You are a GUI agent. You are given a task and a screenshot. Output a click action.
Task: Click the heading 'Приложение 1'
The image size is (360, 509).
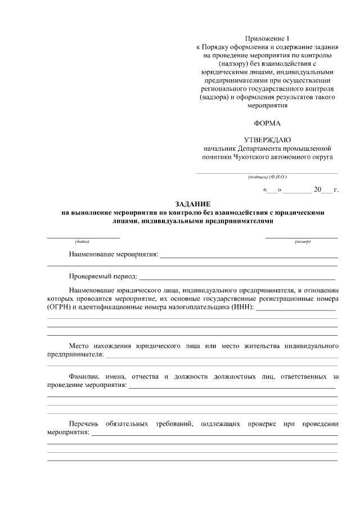coord(267,38)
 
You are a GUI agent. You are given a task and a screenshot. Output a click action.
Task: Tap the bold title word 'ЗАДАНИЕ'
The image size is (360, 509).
coord(192,204)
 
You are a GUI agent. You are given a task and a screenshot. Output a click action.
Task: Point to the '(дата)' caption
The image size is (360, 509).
coord(83,242)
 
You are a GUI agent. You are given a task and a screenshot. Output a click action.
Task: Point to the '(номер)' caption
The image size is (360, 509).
coord(302,242)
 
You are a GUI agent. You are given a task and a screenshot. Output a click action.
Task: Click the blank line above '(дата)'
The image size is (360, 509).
coord(83,237)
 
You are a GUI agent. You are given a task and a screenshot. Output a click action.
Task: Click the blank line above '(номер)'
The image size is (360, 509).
coord(302,237)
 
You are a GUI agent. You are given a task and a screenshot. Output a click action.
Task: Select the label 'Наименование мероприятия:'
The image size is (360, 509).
coord(114,255)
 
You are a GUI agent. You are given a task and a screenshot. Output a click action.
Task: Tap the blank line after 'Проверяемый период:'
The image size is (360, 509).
coord(237,278)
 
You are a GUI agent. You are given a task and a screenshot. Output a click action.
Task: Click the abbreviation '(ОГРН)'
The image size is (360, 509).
coord(59,307)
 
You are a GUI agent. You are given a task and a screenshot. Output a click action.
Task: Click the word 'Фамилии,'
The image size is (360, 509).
coord(84,375)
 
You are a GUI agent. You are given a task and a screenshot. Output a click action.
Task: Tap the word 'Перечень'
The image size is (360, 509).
coord(84,423)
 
